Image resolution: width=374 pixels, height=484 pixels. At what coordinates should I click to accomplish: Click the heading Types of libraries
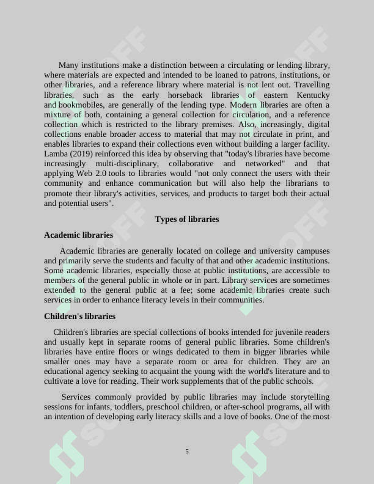click(186, 219)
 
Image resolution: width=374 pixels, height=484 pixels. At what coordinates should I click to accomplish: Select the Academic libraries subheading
click(78, 235)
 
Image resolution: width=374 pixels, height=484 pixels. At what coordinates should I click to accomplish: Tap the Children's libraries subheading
click(79, 316)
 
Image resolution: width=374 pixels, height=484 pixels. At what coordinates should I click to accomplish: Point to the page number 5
click(187, 451)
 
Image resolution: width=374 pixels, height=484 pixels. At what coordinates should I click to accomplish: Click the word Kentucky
click(313, 95)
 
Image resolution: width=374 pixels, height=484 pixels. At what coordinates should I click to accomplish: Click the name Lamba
click(56, 153)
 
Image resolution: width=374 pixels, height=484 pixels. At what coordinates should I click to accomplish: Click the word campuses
click(313, 251)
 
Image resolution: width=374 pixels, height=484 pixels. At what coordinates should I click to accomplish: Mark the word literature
click(290, 371)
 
